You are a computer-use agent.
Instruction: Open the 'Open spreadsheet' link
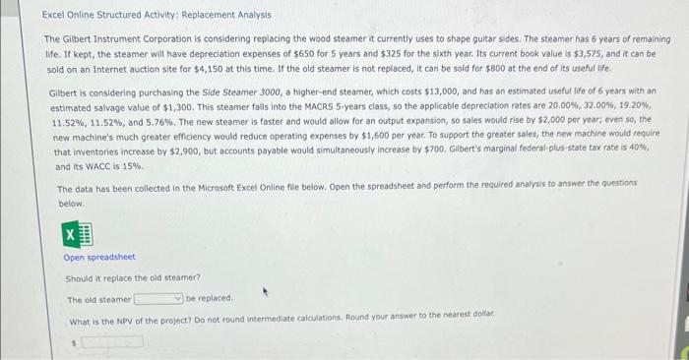(x=98, y=258)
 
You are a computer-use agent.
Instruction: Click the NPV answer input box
(x=113, y=342)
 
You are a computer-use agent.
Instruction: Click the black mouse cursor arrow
(x=266, y=292)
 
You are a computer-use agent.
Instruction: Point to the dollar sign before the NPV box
(x=75, y=343)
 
